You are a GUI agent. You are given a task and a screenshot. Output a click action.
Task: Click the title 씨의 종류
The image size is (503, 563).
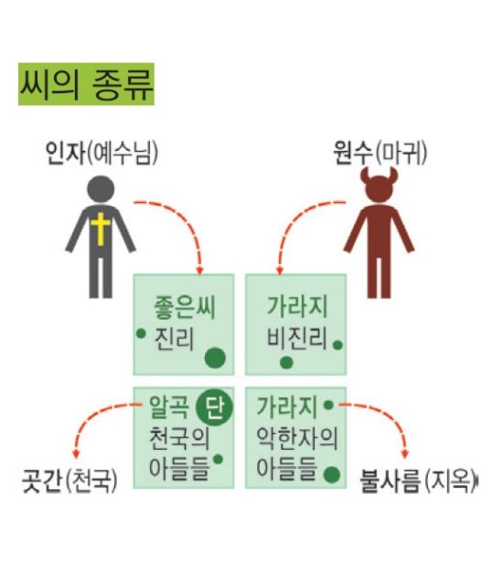click(86, 84)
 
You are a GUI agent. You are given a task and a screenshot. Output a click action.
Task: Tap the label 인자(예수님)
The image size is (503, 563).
click(102, 153)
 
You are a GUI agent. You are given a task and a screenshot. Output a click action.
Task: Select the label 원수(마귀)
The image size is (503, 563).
click(380, 153)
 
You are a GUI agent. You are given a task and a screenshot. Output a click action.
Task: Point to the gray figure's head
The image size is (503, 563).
click(101, 189)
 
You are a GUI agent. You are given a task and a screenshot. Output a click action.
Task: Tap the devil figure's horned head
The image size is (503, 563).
click(380, 185)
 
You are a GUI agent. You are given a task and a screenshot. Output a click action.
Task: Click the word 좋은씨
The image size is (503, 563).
click(185, 307)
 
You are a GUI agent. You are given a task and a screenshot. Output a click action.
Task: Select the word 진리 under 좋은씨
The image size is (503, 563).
click(174, 338)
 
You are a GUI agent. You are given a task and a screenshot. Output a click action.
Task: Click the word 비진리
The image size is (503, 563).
click(296, 338)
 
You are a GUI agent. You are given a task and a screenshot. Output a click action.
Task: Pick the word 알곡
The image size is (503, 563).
click(169, 408)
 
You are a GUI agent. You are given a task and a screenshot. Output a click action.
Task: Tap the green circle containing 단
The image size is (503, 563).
click(215, 408)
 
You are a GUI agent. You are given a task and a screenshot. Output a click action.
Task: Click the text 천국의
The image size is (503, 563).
click(179, 438)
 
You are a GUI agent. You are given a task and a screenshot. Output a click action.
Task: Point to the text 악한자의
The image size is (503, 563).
click(297, 438)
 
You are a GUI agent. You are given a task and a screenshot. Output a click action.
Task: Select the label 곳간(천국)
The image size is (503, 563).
click(70, 481)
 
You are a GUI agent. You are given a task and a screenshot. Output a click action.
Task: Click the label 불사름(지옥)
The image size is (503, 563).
click(419, 481)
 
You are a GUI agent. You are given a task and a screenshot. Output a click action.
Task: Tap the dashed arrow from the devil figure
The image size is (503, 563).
click(294, 219)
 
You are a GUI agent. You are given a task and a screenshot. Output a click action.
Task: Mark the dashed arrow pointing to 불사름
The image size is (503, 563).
click(390, 413)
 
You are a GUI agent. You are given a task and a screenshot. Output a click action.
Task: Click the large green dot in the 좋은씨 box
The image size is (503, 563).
click(215, 358)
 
